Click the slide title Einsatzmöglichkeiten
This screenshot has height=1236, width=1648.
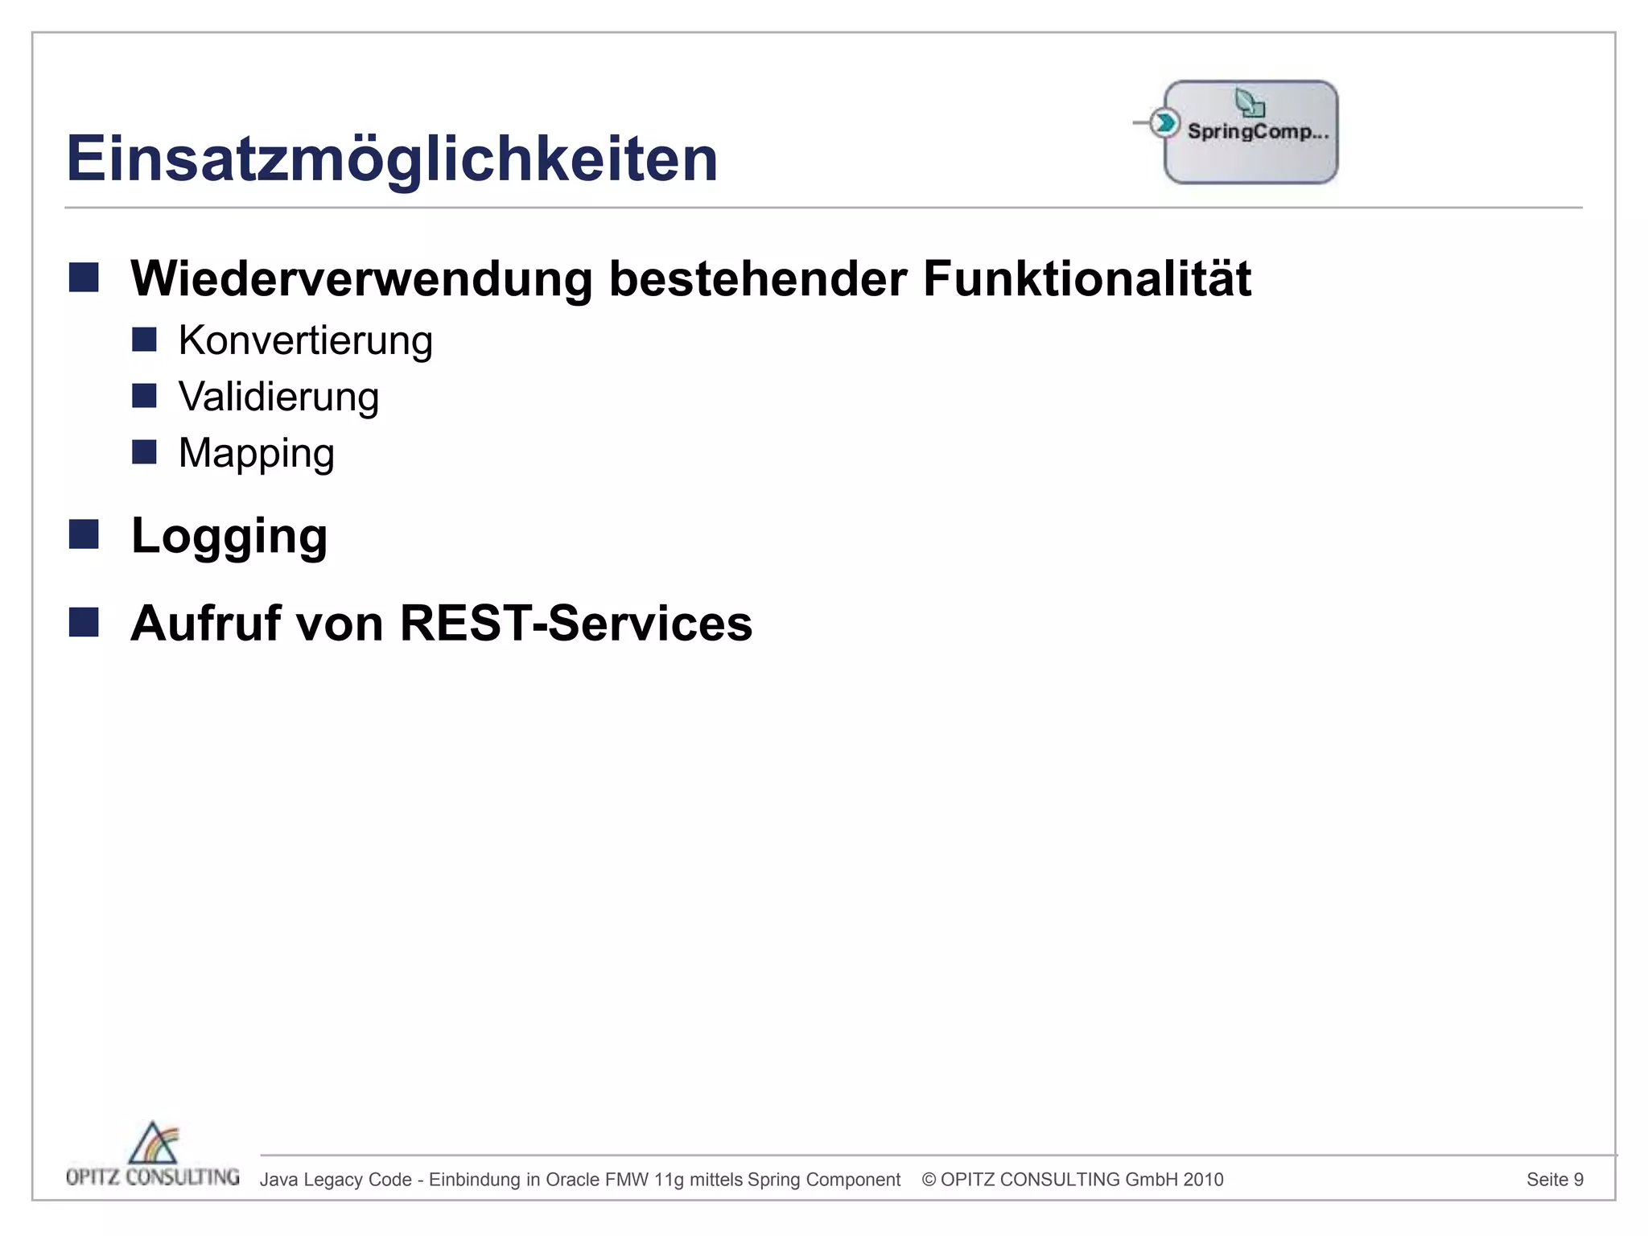pos(392,159)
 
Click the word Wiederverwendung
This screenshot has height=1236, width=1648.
pos(361,278)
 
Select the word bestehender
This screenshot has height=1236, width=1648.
pos(757,278)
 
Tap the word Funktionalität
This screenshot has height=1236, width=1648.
pos(1086,278)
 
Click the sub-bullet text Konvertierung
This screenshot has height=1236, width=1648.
pos(305,340)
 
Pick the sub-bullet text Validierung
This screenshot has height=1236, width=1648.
pos(278,397)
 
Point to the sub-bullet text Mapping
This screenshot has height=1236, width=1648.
pos(256,453)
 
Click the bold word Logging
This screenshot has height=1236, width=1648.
pos(229,536)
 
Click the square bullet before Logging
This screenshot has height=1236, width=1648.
pos(84,534)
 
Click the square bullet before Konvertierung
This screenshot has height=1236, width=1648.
pos(144,340)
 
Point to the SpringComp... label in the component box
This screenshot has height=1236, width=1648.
pos(1258,131)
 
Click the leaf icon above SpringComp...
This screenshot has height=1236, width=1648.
pos(1249,103)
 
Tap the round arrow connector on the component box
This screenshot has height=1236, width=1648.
pos(1164,123)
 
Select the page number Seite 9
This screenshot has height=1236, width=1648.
pos(1555,1180)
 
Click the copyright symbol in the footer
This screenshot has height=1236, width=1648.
pos(929,1180)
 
